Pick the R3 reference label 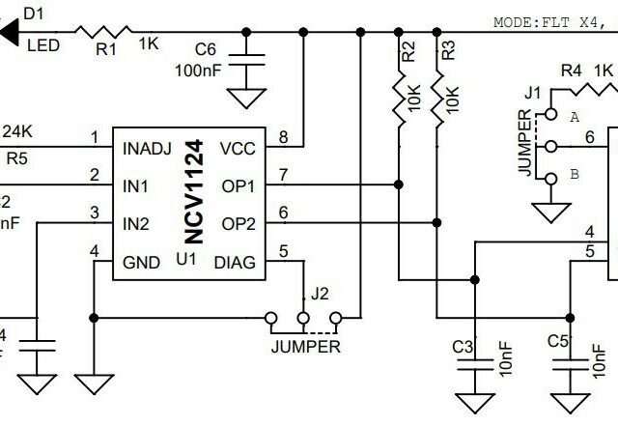447,52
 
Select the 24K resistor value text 18,130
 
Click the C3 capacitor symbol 473,363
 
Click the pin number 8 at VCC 282,137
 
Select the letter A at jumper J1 575,117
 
